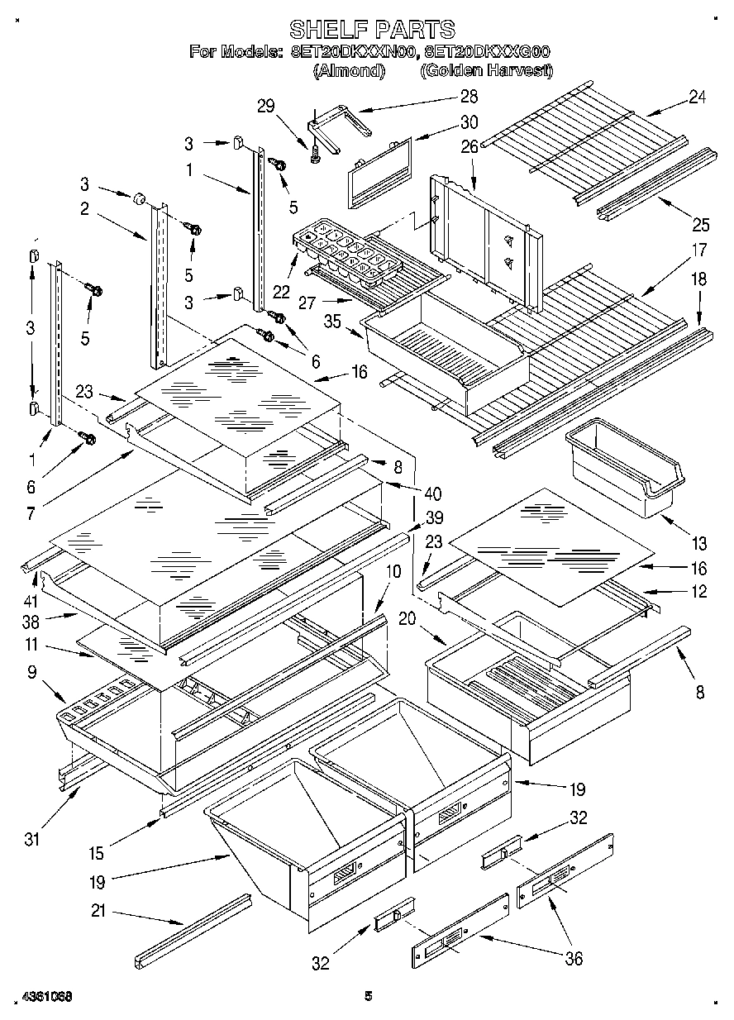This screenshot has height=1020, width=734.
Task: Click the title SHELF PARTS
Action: coord(371,30)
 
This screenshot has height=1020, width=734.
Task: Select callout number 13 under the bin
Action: coord(700,543)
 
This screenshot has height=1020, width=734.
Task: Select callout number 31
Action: coord(31,839)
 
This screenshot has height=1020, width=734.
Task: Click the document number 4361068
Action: coord(41,997)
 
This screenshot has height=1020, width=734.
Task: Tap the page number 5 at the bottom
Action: coord(369,997)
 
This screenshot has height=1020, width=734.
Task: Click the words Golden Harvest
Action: coord(486,71)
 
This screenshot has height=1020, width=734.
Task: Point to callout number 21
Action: coord(99,913)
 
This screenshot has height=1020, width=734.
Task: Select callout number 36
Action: coord(573,958)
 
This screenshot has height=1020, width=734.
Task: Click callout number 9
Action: coord(31,673)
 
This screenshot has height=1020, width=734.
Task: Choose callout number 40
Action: coord(432,493)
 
